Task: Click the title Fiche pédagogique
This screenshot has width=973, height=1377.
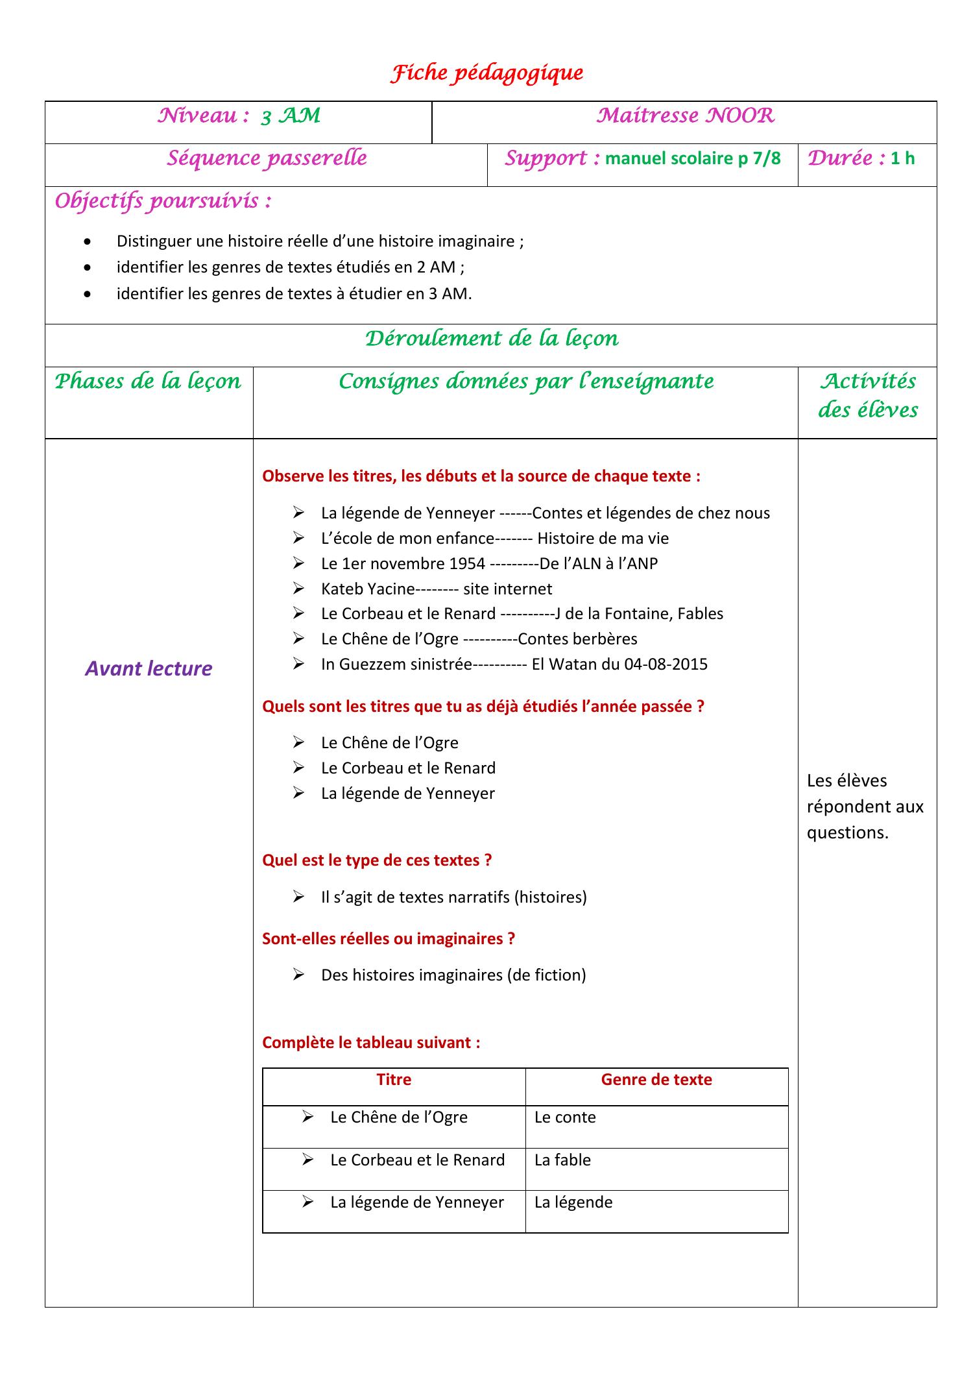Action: pos(486,73)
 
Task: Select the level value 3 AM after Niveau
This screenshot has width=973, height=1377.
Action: pos(291,116)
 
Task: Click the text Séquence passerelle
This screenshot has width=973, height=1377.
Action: pos(267,158)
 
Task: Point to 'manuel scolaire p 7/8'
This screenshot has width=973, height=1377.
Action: pos(693,159)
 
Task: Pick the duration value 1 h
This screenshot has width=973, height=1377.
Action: pos(902,159)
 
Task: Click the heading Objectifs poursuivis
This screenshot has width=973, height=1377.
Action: pos(163,202)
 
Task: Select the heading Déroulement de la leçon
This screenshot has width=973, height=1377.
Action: pos(492,339)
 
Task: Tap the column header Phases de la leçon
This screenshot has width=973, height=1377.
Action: pos(148,382)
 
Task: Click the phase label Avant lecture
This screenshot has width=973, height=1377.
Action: pos(149,669)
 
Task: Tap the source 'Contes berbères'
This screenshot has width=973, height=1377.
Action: pos(577,639)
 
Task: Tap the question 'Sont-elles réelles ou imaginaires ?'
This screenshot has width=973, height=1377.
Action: pos(389,939)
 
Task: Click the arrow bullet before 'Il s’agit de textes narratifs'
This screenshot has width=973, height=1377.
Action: pos(298,897)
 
